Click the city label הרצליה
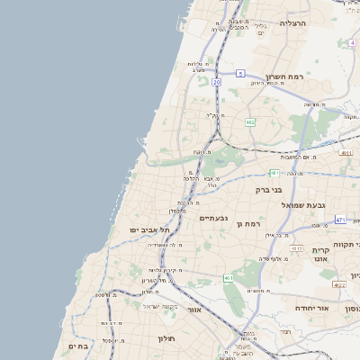[293, 23]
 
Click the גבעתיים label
[213, 218]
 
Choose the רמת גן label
[245, 222]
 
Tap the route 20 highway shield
[217, 82]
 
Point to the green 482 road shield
[249, 121]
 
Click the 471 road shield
[340, 220]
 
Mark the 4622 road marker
[338, 284]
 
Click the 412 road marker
[296, 247]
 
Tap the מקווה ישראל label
[150, 305]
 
